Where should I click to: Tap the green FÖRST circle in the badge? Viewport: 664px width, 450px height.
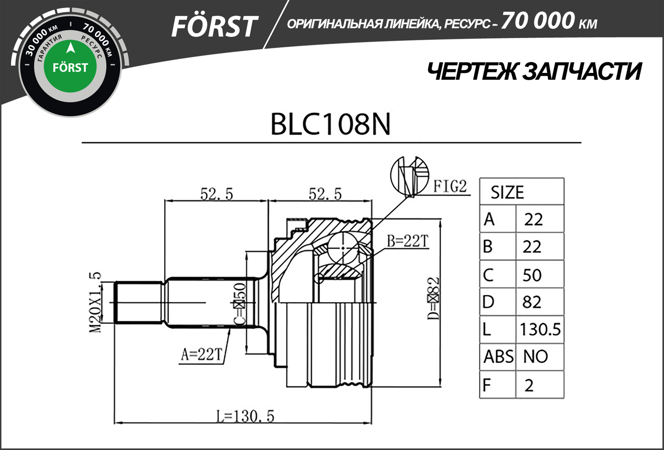click(x=70, y=66)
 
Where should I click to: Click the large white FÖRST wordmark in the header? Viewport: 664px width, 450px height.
click(x=214, y=27)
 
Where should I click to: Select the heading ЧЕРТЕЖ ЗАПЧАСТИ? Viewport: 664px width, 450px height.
click(x=534, y=72)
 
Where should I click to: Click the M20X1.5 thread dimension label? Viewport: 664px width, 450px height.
click(x=95, y=303)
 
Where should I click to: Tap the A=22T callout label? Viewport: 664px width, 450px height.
click(x=201, y=355)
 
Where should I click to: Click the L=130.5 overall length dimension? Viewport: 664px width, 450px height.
click(x=245, y=417)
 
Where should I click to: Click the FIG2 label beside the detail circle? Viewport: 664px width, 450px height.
click(x=450, y=186)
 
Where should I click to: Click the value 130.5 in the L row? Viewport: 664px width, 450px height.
click(x=540, y=329)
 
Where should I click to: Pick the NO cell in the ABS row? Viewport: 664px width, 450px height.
click(x=535, y=357)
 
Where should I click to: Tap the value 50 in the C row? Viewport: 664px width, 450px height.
click(x=532, y=275)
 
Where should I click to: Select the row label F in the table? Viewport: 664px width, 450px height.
click(x=487, y=385)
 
